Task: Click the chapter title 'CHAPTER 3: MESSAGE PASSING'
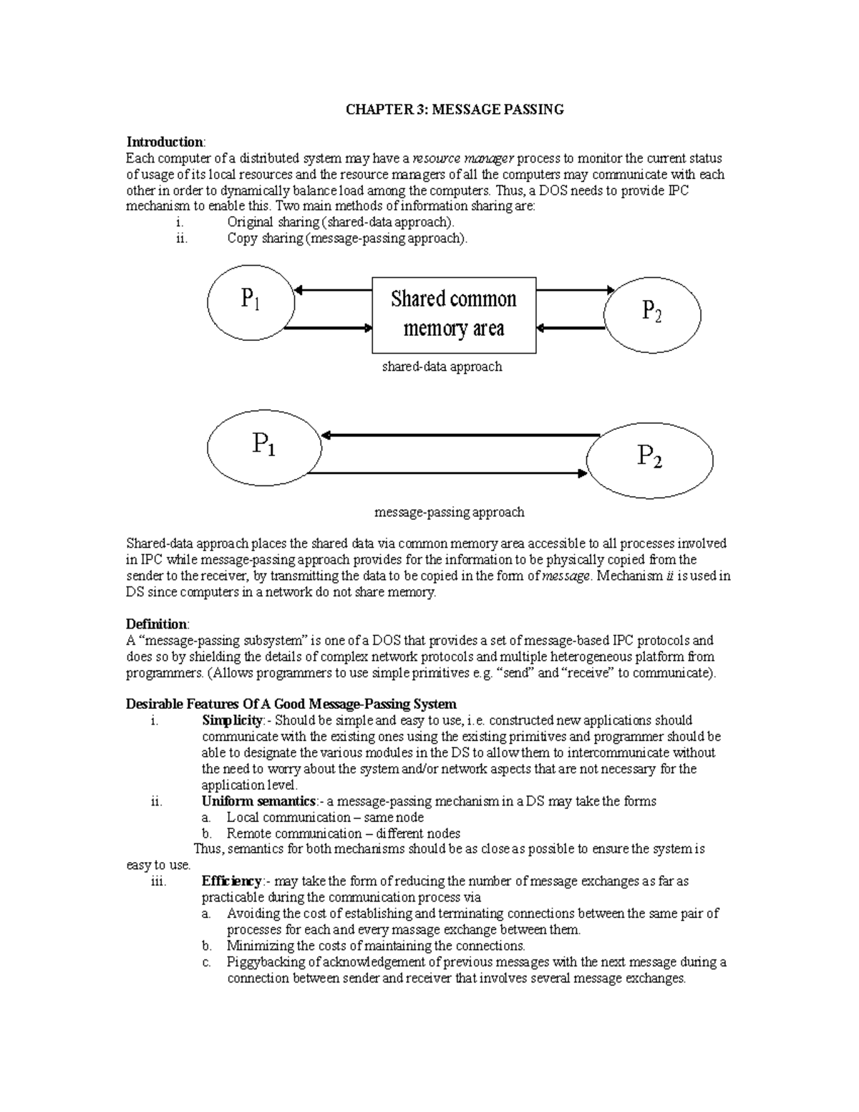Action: click(x=455, y=110)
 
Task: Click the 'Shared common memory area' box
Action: click(x=454, y=315)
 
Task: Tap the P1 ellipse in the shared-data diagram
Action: click(x=251, y=301)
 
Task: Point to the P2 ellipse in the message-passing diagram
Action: click(x=649, y=456)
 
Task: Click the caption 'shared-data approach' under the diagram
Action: click(x=442, y=367)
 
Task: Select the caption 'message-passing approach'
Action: click(x=450, y=513)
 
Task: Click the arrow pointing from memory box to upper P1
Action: click(x=334, y=290)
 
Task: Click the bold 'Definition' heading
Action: click(x=156, y=624)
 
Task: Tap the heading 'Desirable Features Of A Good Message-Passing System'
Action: click(x=291, y=704)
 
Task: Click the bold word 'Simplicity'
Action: click(x=233, y=720)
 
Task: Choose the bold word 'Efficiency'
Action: click(x=232, y=881)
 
